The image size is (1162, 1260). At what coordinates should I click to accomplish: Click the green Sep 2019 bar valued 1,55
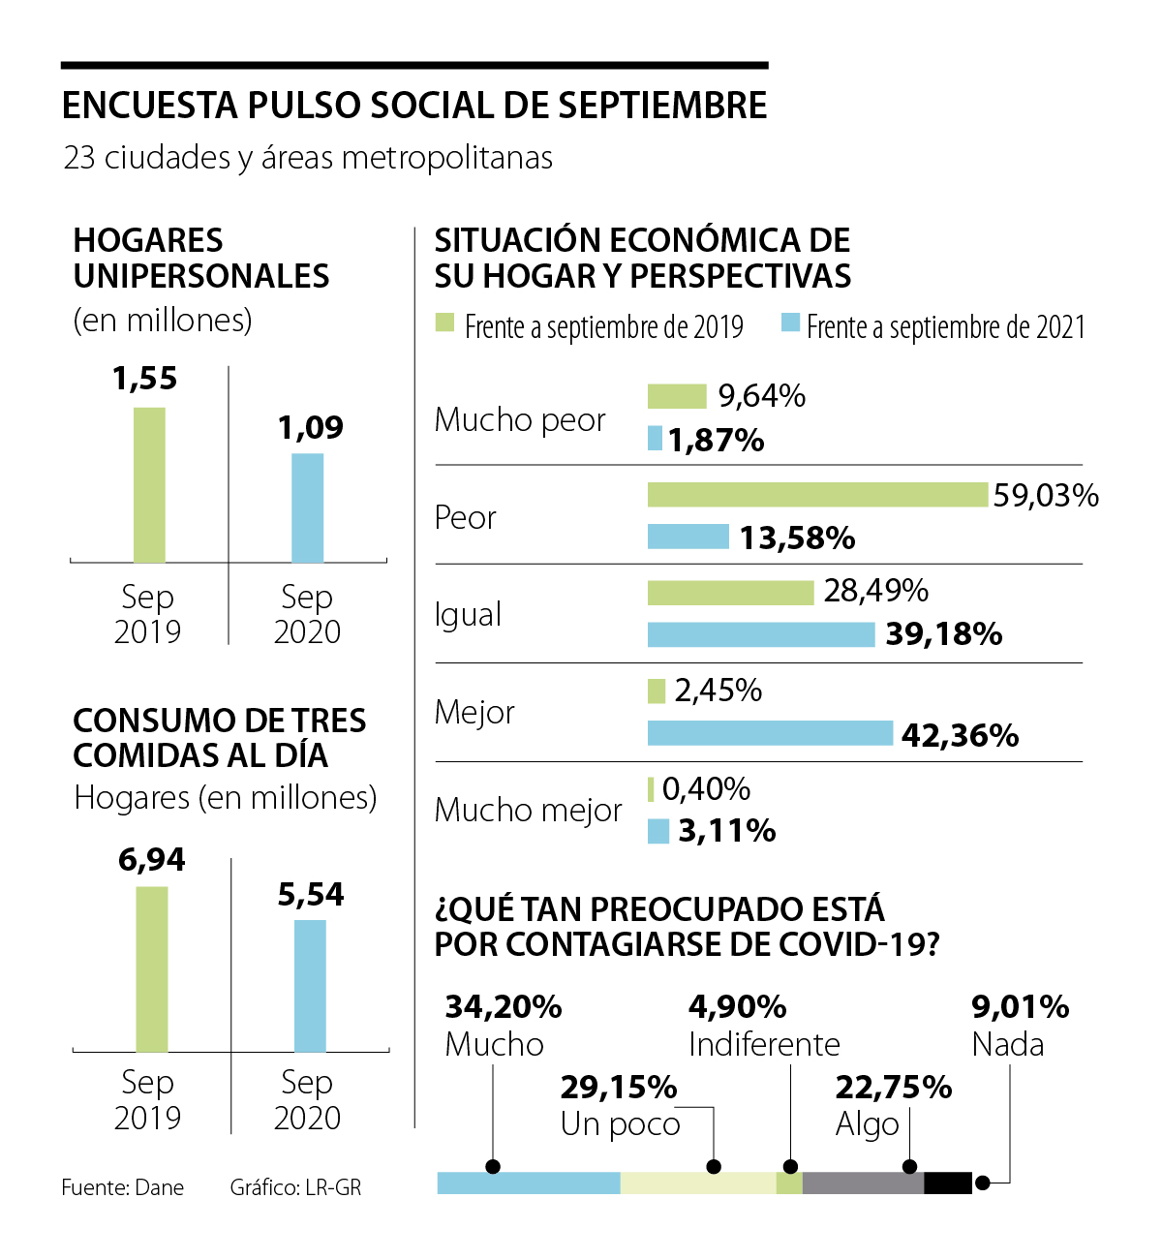click(x=149, y=484)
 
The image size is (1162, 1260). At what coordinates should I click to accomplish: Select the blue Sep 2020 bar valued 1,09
click(x=308, y=507)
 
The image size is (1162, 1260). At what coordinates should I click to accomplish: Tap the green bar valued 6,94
click(x=152, y=968)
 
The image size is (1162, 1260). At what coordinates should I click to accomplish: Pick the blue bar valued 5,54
click(x=310, y=985)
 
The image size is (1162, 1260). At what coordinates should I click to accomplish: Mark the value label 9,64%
click(x=761, y=396)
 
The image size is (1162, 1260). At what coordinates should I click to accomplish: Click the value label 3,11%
click(x=726, y=831)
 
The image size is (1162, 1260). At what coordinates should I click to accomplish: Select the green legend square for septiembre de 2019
click(x=444, y=323)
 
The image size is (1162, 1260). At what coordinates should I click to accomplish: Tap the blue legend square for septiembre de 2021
click(x=790, y=323)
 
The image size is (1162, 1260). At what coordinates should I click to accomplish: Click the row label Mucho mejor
click(x=528, y=810)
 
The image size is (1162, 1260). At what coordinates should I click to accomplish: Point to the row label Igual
click(x=468, y=614)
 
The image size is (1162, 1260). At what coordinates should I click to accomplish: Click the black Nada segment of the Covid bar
click(x=947, y=1183)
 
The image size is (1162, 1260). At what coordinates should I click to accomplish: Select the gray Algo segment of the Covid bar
click(x=862, y=1183)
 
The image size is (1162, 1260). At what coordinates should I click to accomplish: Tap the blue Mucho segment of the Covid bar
click(x=528, y=1183)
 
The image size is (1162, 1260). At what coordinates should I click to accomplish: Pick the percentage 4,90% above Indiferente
click(x=737, y=1007)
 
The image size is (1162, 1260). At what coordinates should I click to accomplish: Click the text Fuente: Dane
click(x=122, y=1187)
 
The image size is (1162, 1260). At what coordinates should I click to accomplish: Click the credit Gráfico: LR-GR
click(x=295, y=1187)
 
